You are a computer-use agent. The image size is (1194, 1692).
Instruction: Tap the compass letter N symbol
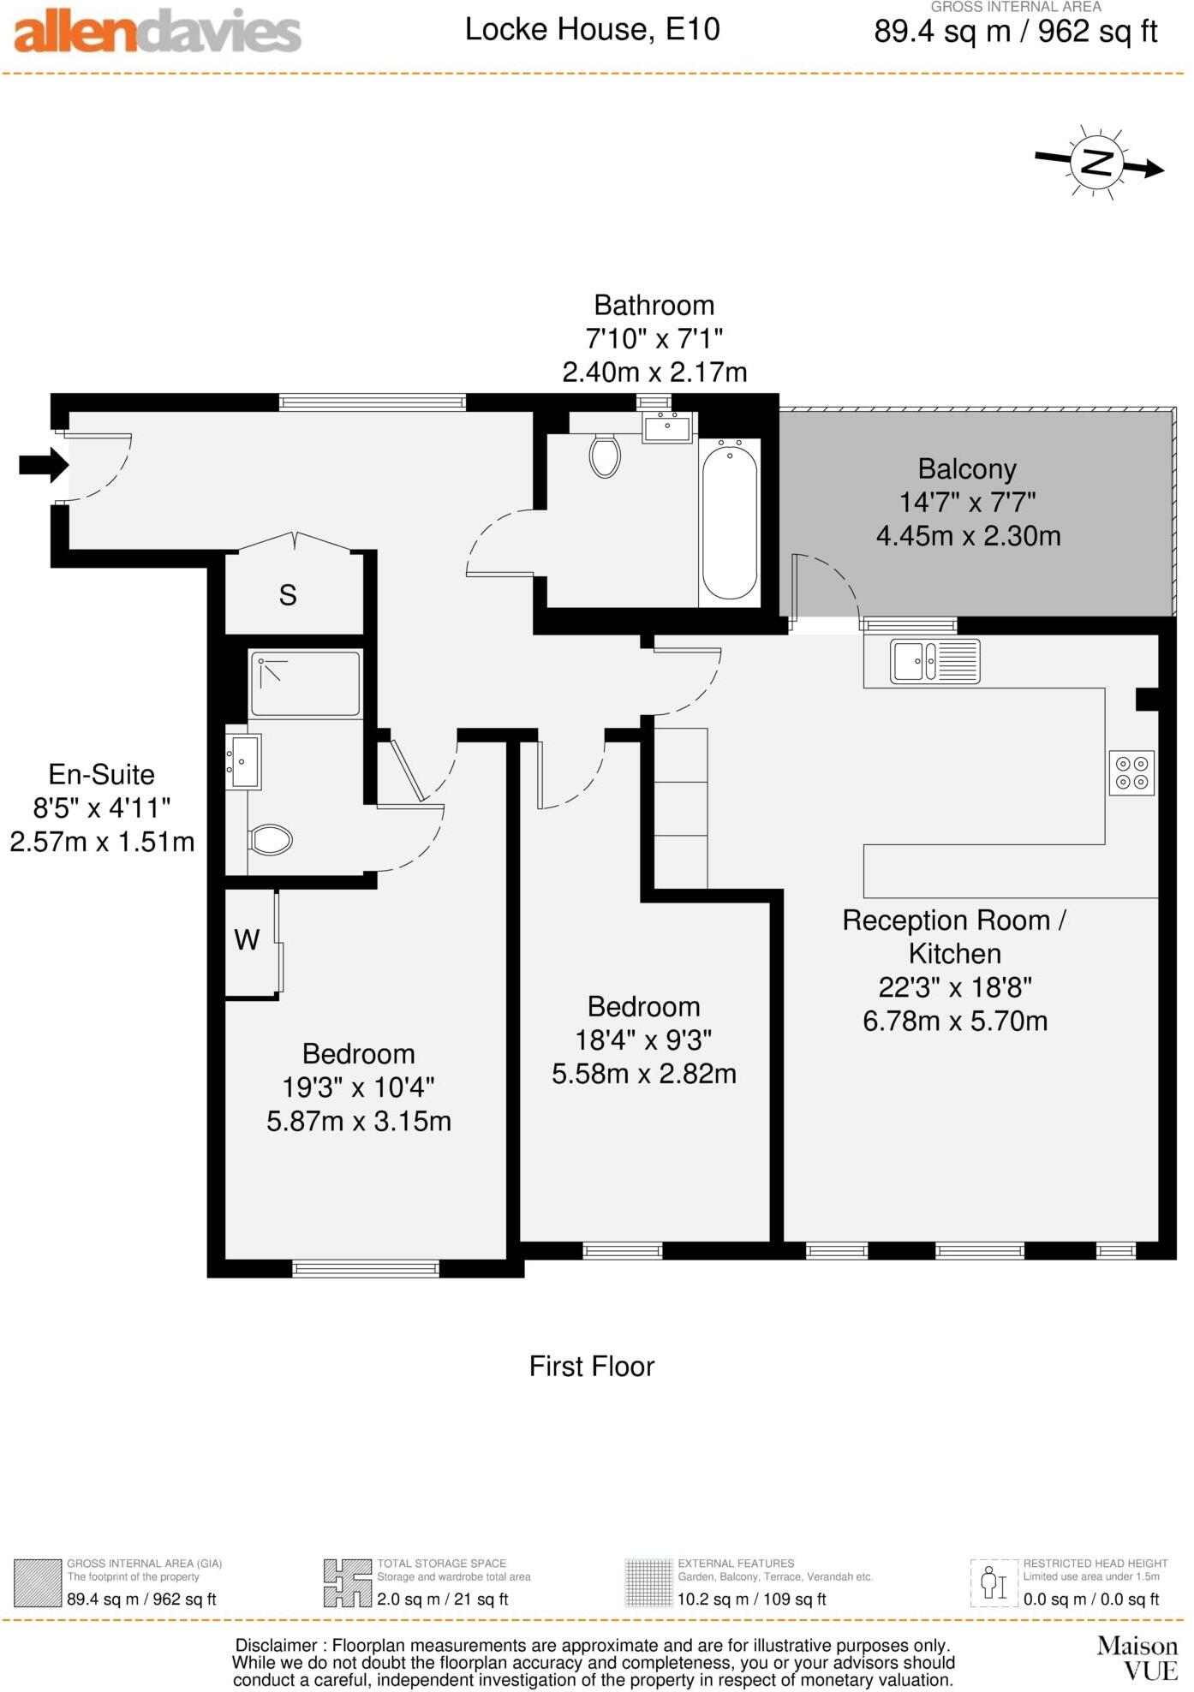click(1096, 163)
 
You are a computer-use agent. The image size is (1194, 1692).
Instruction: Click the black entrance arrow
click(44, 465)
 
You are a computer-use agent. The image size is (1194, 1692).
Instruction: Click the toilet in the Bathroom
click(605, 456)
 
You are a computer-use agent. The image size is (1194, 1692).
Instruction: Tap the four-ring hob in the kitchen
click(1131, 772)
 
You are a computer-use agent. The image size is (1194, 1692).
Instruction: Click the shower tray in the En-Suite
click(305, 683)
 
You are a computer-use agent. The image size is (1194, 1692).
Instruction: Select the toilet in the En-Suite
click(271, 839)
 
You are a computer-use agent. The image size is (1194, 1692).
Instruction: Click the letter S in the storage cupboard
click(288, 595)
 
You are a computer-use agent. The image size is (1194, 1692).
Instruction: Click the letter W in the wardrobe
click(247, 940)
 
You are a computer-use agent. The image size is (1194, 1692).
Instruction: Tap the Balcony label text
click(967, 469)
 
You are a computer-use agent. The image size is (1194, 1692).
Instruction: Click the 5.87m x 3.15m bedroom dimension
click(358, 1121)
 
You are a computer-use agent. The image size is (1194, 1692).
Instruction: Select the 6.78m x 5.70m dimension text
click(955, 1021)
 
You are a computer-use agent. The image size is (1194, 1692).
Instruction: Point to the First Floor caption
click(591, 1366)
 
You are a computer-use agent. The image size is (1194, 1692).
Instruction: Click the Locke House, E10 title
click(592, 30)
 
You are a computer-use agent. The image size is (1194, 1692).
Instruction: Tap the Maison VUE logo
click(1138, 1658)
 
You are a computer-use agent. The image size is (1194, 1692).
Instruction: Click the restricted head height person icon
click(994, 1582)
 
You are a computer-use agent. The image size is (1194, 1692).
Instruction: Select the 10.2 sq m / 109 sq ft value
click(751, 1599)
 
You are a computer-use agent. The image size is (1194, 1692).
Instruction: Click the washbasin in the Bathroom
click(667, 427)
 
